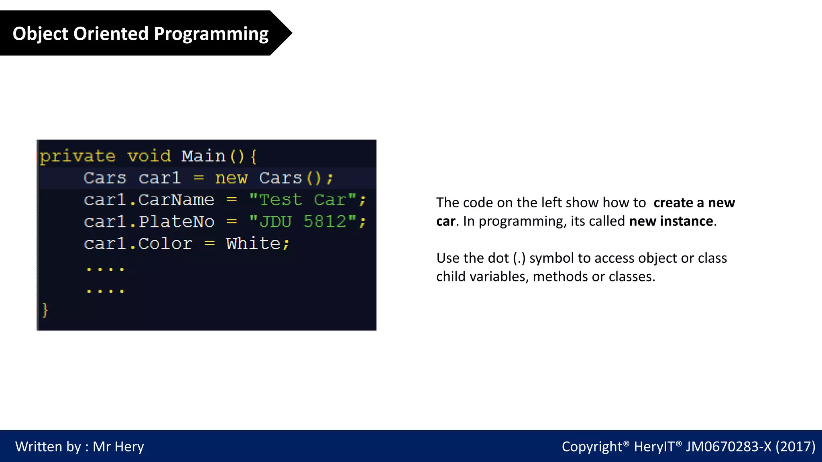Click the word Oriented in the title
(111, 34)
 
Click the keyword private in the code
(78, 156)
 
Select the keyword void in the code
(149, 156)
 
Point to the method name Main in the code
(203, 156)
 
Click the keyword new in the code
(231, 178)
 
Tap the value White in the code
(253, 243)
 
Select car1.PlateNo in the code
(149, 222)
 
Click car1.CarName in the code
(149, 200)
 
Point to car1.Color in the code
(138, 243)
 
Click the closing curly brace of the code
(45, 310)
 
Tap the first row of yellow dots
(106, 269)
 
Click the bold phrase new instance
(671, 221)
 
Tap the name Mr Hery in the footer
(118, 447)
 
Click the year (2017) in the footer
(795, 446)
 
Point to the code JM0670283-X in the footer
(728, 446)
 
